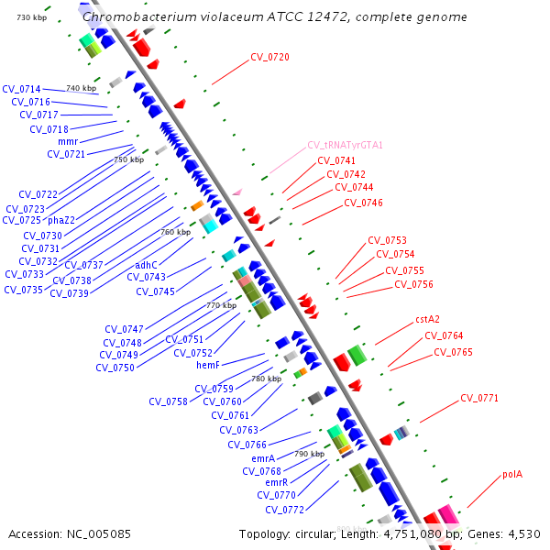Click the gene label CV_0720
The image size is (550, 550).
coord(269,57)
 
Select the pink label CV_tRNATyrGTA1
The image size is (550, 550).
coord(345,145)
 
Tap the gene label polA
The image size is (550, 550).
coord(512,474)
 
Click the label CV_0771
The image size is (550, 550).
coord(479,398)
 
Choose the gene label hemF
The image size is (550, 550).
coord(209,365)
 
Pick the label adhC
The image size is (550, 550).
coord(146,265)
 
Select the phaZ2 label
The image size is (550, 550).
coord(61,220)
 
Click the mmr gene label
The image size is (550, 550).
coord(68,141)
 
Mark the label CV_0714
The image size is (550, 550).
coord(21,89)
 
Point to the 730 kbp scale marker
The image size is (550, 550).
coord(31,18)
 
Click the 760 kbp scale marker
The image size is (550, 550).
coord(175,232)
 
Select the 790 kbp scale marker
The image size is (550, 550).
coord(309,454)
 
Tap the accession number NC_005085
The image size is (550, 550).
coord(98,533)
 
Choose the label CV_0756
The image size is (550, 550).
coord(413,284)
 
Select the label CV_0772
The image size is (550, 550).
coord(284,510)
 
